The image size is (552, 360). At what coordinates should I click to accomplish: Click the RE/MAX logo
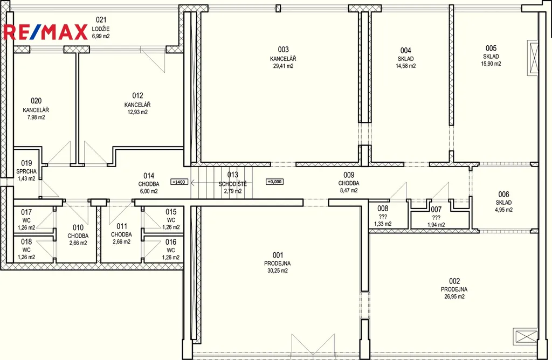(x=45, y=32)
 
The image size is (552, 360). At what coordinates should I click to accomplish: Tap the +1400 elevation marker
(x=179, y=182)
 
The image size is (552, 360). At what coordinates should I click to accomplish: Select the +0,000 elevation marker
(x=274, y=182)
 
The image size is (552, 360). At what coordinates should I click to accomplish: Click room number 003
(x=283, y=49)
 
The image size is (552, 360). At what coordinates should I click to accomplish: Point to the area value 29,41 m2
(x=283, y=66)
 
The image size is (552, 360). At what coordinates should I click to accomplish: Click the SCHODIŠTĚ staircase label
(x=233, y=184)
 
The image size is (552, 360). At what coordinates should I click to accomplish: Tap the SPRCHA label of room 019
(x=26, y=171)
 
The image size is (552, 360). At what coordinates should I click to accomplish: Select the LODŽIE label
(x=101, y=29)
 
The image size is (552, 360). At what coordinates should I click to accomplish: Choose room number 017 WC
(x=26, y=212)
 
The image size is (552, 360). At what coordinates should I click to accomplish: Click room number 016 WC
(x=171, y=242)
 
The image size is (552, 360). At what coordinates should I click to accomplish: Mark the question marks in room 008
(x=383, y=217)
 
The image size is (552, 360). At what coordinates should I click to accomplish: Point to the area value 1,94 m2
(x=436, y=225)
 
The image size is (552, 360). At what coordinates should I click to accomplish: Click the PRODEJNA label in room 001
(x=278, y=263)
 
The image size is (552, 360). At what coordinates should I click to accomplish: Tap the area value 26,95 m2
(x=454, y=296)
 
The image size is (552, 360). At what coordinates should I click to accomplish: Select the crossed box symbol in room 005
(x=533, y=58)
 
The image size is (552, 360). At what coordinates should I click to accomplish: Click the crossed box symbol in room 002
(x=525, y=336)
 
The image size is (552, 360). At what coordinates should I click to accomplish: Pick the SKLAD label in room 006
(x=503, y=202)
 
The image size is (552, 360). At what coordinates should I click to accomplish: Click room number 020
(x=36, y=101)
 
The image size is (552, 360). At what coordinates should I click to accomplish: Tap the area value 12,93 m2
(x=137, y=112)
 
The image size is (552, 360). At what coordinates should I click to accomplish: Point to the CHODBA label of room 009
(x=349, y=183)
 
